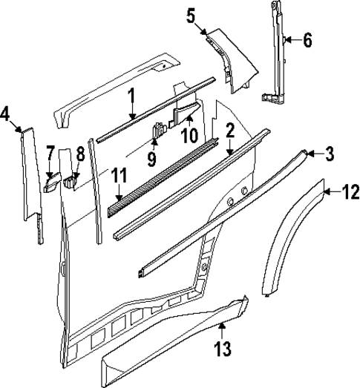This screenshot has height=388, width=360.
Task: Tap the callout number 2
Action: coord(230,131)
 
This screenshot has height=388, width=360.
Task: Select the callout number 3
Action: coord(330,154)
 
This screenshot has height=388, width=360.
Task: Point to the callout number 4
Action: coord(6,114)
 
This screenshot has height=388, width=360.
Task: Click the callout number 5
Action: coord(191,14)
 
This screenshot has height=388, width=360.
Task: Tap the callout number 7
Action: coord(50,154)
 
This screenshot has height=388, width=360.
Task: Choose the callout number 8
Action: coord(80,154)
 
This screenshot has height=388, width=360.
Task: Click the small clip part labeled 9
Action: coord(158,133)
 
